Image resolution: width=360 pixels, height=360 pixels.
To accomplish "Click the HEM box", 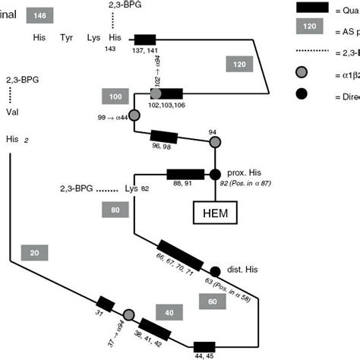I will point(214,213).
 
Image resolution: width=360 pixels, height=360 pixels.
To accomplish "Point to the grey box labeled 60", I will point(213,302).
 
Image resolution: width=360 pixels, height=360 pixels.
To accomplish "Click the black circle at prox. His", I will point(214,174).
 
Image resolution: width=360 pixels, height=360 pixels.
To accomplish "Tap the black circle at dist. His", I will point(215,271).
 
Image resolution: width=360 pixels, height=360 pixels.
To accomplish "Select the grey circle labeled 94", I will point(214,142).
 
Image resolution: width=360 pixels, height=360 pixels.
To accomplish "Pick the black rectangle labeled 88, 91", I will point(185,174).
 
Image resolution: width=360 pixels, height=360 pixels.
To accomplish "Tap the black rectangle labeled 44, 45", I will point(204,347).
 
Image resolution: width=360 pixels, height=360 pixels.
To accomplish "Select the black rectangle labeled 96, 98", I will point(164,137).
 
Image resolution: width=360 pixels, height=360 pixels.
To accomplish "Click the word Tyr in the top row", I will point(67,37).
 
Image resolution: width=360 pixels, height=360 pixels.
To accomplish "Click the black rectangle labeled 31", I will point(105,305).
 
